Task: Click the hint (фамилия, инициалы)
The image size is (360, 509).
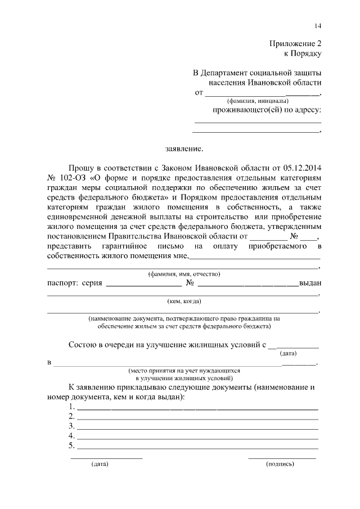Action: coord(258,101)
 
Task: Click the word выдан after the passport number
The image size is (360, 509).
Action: coord(310,283)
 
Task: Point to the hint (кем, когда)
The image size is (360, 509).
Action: coord(184,301)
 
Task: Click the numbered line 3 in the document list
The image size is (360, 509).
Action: coord(197,427)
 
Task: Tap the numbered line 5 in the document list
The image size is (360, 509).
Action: coord(197,447)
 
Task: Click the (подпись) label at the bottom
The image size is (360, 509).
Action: coord(280,465)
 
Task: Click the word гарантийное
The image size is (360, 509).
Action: coord(119,246)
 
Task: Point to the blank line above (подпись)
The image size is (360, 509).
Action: coord(282,458)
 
